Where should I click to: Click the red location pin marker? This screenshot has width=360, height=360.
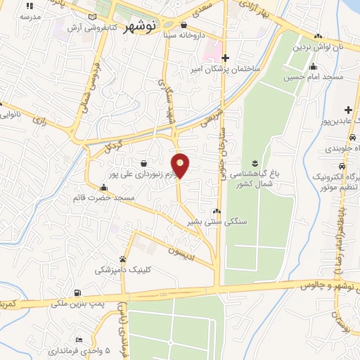pos(181,165)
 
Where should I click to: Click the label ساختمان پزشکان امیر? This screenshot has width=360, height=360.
pos(226,70)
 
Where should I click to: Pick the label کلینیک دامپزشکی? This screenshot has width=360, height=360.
pos(123,270)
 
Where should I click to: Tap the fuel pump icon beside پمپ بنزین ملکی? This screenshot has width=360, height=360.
pos(76,292)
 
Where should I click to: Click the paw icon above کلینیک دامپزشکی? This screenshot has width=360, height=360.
pos(123,259)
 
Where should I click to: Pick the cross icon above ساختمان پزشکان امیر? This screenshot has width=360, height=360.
pos(225,58)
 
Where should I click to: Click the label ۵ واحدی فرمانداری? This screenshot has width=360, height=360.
pos(77,349)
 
